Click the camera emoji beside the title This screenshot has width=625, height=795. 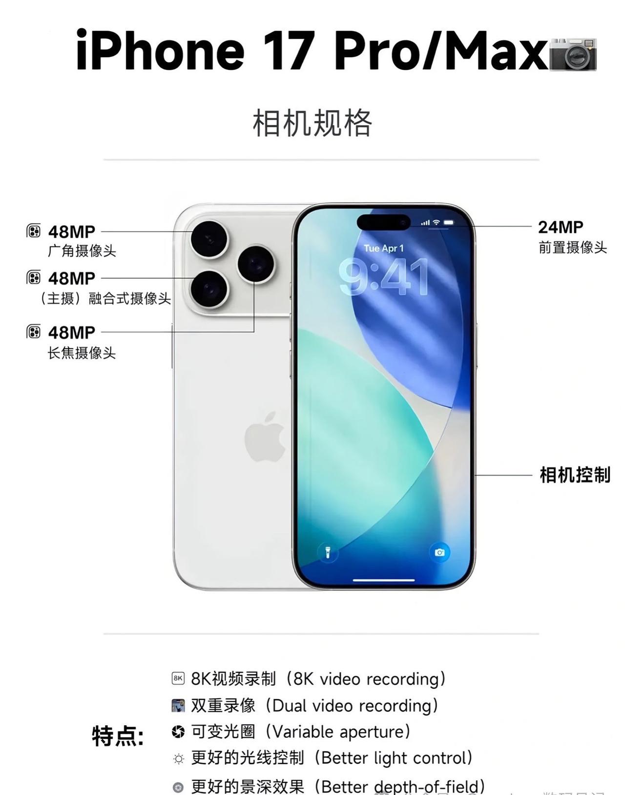[x=573, y=53]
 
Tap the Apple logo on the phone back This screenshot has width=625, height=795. [x=265, y=437]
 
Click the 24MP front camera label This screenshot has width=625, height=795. [x=561, y=227]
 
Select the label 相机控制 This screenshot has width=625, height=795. [x=575, y=475]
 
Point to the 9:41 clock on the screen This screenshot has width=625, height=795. [x=384, y=277]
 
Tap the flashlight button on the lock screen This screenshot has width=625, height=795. [x=328, y=552]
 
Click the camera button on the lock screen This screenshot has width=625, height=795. [x=440, y=552]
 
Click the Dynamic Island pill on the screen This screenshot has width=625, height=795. [x=383, y=222]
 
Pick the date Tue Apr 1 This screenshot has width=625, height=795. [x=384, y=248]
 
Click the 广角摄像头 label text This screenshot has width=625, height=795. [x=82, y=251]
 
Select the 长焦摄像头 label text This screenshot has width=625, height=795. [x=82, y=353]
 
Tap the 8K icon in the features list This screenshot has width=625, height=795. [x=178, y=678]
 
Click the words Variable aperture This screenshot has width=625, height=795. [x=340, y=732]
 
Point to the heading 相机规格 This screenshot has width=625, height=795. [x=312, y=123]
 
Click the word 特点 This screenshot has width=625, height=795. [x=117, y=736]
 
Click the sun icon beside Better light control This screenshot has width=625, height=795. [x=179, y=759]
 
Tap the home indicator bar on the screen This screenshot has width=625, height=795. [x=384, y=580]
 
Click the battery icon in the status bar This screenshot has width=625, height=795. [x=449, y=223]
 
